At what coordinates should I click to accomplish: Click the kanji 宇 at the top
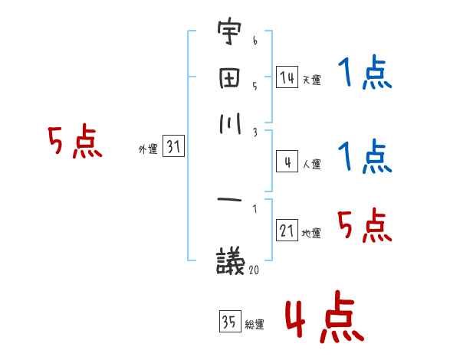229,34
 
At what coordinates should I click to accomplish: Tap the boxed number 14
287,77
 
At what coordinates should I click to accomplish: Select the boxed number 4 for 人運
287,162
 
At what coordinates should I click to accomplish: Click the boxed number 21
287,231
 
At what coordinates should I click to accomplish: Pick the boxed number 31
173,148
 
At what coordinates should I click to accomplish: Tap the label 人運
312,164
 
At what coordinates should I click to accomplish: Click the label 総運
254,325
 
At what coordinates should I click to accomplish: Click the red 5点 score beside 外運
74,142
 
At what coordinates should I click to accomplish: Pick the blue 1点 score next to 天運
364,74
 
